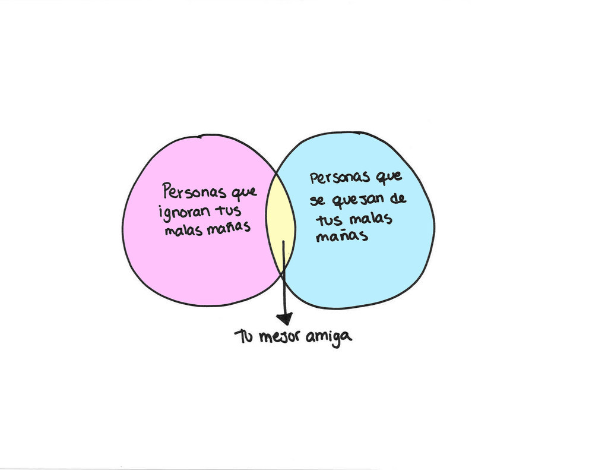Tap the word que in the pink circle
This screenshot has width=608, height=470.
(244, 193)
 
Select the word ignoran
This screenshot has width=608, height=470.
(185, 212)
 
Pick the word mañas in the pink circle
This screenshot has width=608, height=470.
(229, 226)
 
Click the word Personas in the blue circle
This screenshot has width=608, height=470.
(340, 178)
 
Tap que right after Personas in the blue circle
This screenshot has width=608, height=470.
(389, 177)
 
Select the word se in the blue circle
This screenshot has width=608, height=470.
(318, 202)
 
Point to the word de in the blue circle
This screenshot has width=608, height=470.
(397, 198)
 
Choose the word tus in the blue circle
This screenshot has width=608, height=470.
(329, 220)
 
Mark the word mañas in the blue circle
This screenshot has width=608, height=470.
(341, 235)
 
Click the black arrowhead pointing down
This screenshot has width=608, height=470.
(284, 318)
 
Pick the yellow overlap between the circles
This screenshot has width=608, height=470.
(280, 225)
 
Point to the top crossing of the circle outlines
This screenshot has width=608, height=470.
(277, 173)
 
